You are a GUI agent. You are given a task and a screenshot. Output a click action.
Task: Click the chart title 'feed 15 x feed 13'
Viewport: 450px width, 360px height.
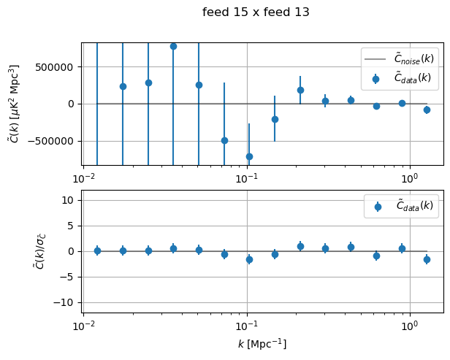pos(256,12)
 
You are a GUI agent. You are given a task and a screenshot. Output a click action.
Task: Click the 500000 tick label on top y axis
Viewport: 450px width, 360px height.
pos(57,66)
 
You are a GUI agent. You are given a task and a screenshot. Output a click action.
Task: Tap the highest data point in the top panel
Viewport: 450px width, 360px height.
pos(173,46)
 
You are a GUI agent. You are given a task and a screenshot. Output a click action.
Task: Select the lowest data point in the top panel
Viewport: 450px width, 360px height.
pos(249,156)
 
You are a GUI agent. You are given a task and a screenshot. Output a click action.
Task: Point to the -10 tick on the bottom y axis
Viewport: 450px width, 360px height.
pos(67,302)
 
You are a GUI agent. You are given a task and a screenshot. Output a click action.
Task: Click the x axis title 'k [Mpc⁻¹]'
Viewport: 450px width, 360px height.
pos(262,344)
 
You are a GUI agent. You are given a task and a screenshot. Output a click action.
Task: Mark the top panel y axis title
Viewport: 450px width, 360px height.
pos(13,104)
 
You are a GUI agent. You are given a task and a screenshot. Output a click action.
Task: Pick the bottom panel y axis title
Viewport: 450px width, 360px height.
pos(18,251)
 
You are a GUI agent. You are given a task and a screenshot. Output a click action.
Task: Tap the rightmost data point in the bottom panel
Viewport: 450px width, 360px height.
pos(427,259)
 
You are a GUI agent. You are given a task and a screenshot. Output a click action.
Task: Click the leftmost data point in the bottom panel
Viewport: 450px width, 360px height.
pos(97,250)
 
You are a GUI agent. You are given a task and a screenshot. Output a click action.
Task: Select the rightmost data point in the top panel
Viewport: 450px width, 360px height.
pos(427,110)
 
